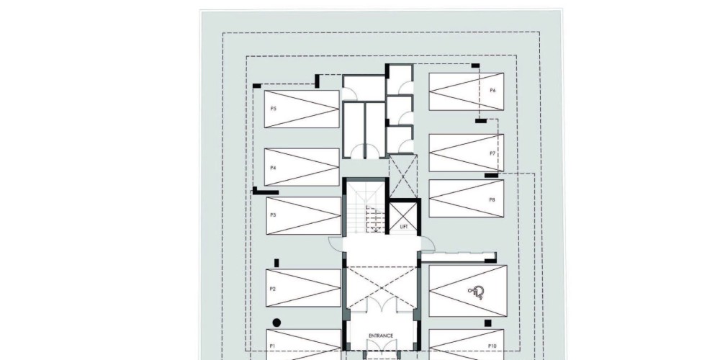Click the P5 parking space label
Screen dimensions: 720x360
coord(273,109)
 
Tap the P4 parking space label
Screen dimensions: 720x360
coord(273,168)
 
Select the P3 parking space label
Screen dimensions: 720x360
coord(273,215)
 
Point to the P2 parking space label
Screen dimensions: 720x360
coord(273,289)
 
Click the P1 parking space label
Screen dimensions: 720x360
coord(272,346)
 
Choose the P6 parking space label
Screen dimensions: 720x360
coord(492,91)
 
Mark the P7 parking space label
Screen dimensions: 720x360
coord(492,153)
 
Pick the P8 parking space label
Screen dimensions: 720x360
coord(492,199)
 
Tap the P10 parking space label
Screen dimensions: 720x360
coord(492,346)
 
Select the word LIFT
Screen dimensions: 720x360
coord(404,227)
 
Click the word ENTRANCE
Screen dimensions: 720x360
coord(381,336)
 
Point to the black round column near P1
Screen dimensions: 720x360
coord(276,323)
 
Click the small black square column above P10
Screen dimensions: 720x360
coord(487,323)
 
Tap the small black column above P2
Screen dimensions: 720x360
coord(276,263)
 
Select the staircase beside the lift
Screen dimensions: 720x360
coord(366,207)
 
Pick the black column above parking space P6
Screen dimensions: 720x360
coord(476,66)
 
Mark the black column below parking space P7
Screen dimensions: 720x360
coord(491,176)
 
